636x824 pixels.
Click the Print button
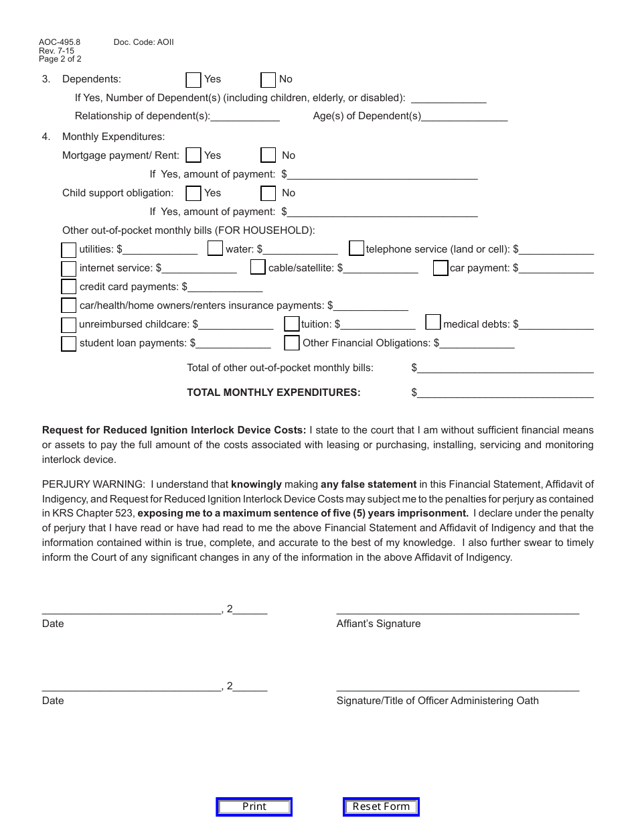254,807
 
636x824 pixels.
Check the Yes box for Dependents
193,80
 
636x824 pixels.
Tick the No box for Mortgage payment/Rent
268,155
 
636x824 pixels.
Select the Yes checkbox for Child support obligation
193,193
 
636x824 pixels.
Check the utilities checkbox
69,250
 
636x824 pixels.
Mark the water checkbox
215,249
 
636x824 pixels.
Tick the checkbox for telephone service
357,249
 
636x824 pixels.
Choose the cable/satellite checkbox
258,267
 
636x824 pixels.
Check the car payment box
441,268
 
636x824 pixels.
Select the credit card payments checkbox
69,287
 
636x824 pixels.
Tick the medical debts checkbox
433,322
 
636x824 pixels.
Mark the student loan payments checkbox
69,344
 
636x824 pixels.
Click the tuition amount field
378,325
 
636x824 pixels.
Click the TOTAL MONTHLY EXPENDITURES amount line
505,393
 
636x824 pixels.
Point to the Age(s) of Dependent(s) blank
465,117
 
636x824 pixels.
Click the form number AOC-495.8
59,42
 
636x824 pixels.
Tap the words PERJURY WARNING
93,484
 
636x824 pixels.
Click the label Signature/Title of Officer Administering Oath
437,701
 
